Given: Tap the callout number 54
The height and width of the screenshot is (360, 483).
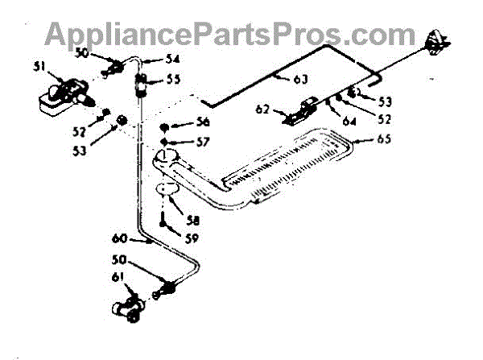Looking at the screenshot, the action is [173, 59].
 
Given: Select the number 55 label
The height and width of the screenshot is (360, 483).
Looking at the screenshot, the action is [174, 80].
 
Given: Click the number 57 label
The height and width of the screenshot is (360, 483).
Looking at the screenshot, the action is [201, 142].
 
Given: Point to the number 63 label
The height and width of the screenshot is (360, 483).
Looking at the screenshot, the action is [299, 80].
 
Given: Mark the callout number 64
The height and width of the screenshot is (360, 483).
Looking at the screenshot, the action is [349, 122].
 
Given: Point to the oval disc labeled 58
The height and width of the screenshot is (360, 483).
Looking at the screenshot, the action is [167, 189].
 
